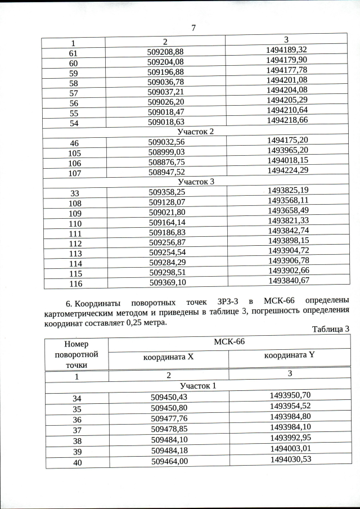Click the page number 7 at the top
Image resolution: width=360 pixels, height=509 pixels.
[193, 28]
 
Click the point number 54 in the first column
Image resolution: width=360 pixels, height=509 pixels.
[74, 122]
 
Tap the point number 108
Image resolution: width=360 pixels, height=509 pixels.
[74, 202]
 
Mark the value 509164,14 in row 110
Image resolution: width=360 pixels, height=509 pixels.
[167, 223]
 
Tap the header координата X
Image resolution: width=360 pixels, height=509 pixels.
[168, 357]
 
